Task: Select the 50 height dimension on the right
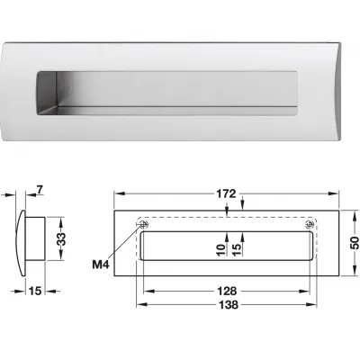[353, 242]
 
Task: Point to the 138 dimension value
[225, 307]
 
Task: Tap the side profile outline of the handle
[31, 239]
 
